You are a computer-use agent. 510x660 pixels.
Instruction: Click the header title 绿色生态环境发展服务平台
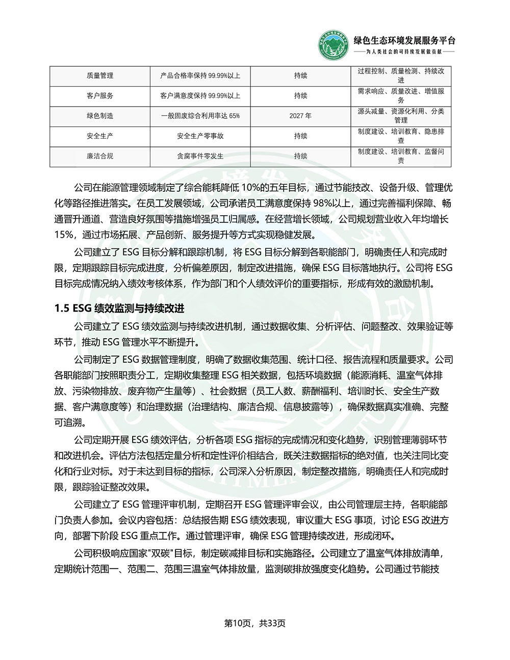(x=404, y=41)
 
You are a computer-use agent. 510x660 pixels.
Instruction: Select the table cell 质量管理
(x=100, y=75)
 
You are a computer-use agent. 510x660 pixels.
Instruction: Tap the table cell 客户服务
(x=100, y=95)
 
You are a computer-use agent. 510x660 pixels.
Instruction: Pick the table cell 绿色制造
(x=100, y=116)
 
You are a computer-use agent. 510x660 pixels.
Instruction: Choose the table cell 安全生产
(x=100, y=136)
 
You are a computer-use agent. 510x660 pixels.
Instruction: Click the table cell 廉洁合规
(x=100, y=156)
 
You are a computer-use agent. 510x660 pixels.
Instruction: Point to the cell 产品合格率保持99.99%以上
(x=200, y=75)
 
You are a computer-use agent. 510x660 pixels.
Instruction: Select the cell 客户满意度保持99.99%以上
(x=200, y=95)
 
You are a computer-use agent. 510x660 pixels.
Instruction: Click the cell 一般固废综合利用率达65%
(x=200, y=116)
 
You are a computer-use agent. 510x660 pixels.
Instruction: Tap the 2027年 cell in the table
(x=300, y=116)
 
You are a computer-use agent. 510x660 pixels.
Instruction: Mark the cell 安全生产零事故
(x=200, y=136)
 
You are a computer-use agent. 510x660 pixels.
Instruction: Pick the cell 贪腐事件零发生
(x=200, y=156)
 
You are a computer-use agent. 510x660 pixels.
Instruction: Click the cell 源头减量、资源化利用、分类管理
(x=401, y=116)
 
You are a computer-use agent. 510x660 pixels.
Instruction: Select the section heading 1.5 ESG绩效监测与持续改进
(x=119, y=309)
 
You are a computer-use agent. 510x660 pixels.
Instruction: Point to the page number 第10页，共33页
(x=255, y=623)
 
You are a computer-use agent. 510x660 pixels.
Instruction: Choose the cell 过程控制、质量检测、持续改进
(x=401, y=75)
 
